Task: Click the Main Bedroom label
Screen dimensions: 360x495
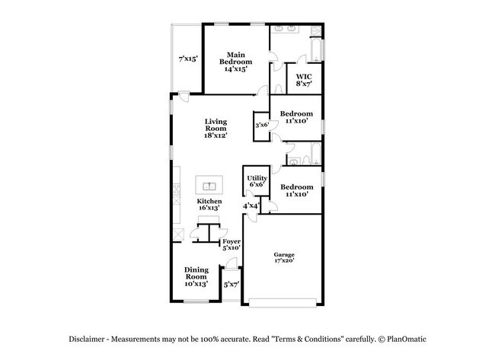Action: coord(234,61)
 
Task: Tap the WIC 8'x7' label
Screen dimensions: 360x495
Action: coord(304,80)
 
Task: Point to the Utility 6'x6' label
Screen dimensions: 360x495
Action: coord(256,180)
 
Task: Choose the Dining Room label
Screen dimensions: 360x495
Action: coord(196,276)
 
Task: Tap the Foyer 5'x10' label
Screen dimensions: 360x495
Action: coord(232,244)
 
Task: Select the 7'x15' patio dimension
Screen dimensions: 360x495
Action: coord(188,59)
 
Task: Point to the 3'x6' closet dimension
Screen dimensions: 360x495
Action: coord(261,125)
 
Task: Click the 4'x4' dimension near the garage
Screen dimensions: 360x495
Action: coord(251,205)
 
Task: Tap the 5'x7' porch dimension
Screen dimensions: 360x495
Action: coord(231,285)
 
